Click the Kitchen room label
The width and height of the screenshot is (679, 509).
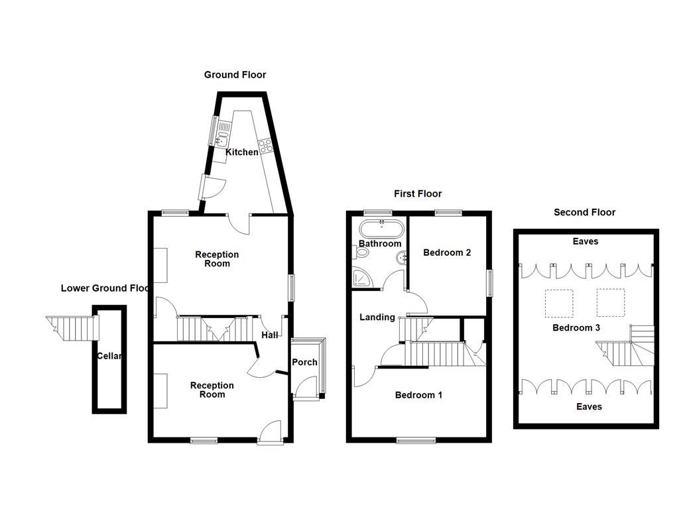(242, 152)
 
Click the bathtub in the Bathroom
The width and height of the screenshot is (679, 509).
(381, 229)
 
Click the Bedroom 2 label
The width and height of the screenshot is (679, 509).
(447, 253)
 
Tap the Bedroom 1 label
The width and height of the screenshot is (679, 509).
(418, 395)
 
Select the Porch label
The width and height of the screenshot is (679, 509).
(305, 362)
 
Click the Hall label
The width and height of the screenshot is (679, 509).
(270, 335)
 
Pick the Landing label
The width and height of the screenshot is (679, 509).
(377, 317)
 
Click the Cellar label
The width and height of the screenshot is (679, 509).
(109, 356)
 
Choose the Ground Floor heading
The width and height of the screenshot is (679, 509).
(235, 75)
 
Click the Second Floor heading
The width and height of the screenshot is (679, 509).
(584, 212)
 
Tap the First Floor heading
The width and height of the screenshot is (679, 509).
(418, 194)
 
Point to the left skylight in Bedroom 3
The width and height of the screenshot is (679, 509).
(558, 303)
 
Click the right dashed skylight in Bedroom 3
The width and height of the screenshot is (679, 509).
(610, 303)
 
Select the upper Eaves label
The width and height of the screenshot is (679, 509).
(586, 241)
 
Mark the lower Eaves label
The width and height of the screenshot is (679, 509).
(589, 406)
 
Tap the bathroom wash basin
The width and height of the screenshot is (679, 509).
(400, 259)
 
